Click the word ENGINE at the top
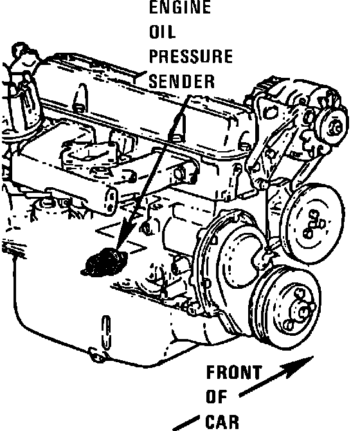click(180, 7)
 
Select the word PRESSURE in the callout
click(191, 57)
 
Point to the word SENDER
click(182, 81)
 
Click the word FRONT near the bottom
click(234, 372)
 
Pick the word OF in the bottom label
click(217, 397)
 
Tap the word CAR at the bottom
click(222, 421)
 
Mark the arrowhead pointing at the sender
click(126, 234)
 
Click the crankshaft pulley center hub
click(302, 311)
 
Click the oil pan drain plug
click(97, 354)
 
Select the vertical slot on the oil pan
click(106, 333)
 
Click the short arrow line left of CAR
click(186, 423)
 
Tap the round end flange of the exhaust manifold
click(111, 200)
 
